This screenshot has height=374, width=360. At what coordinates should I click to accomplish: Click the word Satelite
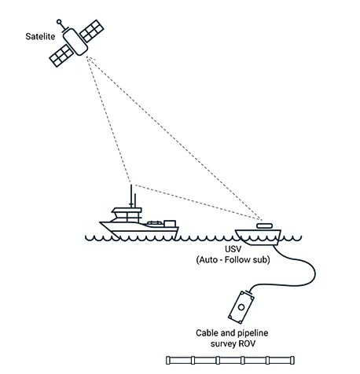[40, 36]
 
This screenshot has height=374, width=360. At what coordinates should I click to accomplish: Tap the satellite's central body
[75, 42]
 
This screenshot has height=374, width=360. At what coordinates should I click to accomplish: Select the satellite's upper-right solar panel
[92, 31]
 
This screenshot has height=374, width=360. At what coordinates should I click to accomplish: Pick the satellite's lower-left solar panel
[61, 56]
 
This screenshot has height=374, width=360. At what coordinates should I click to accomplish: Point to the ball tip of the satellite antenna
[59, 21]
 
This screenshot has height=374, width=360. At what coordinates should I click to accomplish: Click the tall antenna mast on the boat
[131, 196]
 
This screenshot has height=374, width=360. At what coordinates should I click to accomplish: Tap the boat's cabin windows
[127, 217]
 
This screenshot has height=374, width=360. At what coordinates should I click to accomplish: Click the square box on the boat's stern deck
[170, 224]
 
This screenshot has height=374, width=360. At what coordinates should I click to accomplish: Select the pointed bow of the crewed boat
[101, 223]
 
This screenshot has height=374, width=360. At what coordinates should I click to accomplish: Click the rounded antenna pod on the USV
[264, 225]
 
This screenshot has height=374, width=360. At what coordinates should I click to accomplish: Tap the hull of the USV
[258, 237]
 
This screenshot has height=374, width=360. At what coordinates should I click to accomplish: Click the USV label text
[233, 249]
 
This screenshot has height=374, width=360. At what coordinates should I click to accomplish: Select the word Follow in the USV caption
[237, 260]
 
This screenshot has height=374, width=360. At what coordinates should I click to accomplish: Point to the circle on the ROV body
[241, 307]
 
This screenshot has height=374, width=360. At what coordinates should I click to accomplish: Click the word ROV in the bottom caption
[248, 343]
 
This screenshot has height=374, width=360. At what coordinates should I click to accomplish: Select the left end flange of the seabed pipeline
[168, 360]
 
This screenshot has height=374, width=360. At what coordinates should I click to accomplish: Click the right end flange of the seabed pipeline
[292, 360]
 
